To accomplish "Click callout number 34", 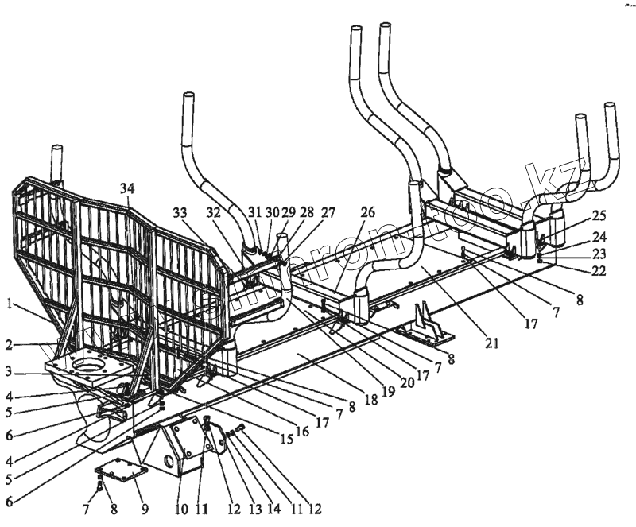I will coord(128,188).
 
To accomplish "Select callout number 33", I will coord(180,213).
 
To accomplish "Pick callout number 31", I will coord(254,213).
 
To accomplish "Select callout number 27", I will coord(328,213).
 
